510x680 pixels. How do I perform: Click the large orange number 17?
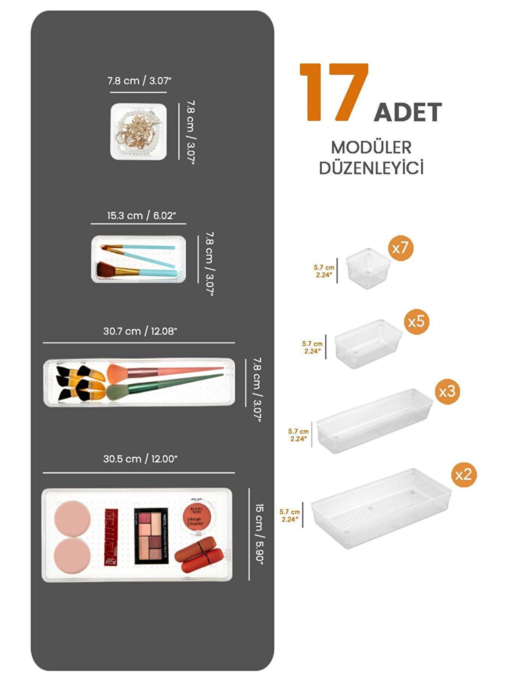pyautogui.click(x=334, y=92)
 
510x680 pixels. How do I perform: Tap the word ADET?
pyautogui.click(x=407, y=112)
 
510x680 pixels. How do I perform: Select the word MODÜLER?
pyautogui.click(x=371, y=147)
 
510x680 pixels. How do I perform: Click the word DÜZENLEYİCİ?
pyautogui.click(x=371, y=168)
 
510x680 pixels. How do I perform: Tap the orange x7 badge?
pyautogui.click(x=400, y=247)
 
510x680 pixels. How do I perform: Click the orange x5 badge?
pyautogui.click(x=416, y=321)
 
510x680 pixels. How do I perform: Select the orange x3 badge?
pyautogui.click(x=446, y=391)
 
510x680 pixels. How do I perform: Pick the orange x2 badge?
pyautogui.click(x=463, y=474)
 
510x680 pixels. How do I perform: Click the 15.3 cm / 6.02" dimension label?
pyautogui.click(x=141, y=215)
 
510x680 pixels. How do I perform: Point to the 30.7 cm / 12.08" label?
pyautogui.click(x=140, y=331)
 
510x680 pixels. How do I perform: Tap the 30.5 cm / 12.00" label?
pyautogui.click(x=140, y=458)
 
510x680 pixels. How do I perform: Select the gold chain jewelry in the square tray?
pyautogui.click(x=136, y=132)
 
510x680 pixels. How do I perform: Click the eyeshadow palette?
pyautogui.click(x=151, y=536)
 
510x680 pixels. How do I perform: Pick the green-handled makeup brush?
pyautogui.click(x=165, y=385)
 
